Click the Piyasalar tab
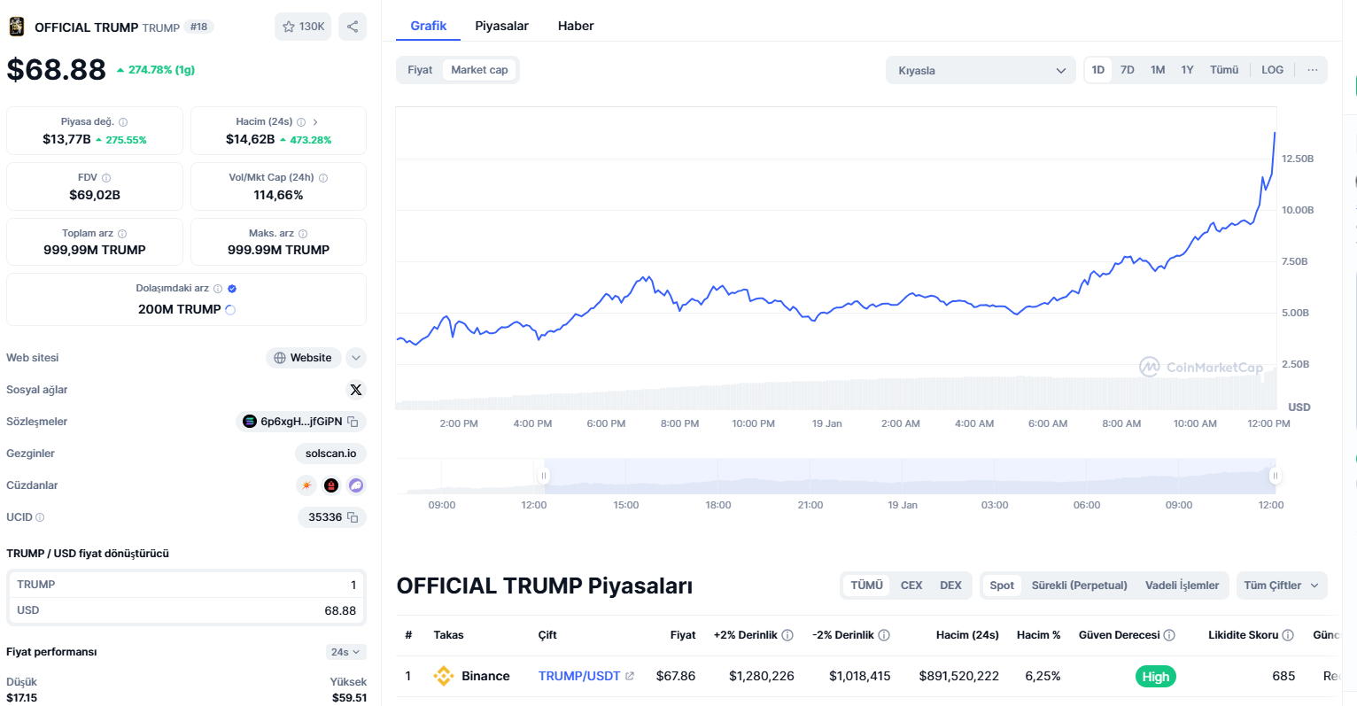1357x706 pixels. coord(501,26)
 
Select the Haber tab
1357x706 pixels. coord(576,26)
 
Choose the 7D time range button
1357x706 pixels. coord(1127,70)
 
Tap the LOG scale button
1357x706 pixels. coord(1272,70)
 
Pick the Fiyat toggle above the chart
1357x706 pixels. coord(420,70)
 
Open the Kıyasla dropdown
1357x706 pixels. coord(981,71)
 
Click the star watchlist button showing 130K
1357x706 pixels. coord(303,27)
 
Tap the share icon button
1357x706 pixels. coord(353,27)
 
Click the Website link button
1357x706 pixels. coord(303,358)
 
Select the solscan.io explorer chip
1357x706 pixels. coord(330,454)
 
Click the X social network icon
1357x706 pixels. coord(356,390)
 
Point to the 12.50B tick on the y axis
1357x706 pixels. coord(1298,159)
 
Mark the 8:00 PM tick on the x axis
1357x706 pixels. coord(679,423)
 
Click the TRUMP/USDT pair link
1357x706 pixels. coord(579,676)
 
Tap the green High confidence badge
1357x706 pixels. coord(1155,677)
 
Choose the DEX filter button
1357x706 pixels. coord(950,586)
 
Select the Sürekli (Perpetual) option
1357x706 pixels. coord(1079,586)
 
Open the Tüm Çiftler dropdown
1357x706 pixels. coord(1281,586)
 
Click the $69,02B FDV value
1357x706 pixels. coord(95,195)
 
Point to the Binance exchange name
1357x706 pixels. coord(485,676)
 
